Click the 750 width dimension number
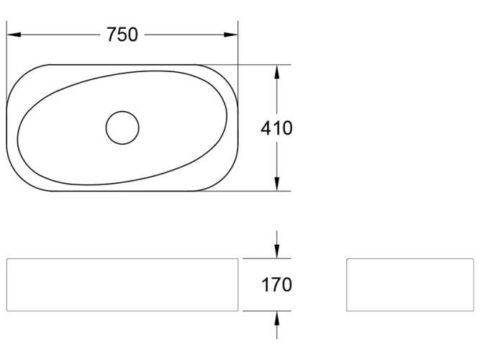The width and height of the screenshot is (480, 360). click(122, 35)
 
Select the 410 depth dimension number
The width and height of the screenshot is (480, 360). click(276, 128)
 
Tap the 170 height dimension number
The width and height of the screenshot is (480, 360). click(276, 284)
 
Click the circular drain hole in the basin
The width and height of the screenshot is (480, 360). click(122, 127)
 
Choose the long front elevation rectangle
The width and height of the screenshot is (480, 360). click(122, 284)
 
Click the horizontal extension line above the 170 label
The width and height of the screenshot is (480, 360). click(266, 258)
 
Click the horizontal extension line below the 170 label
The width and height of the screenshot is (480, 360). click(266, 311)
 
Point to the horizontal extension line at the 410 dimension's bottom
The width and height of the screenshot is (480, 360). click(259, 191)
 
